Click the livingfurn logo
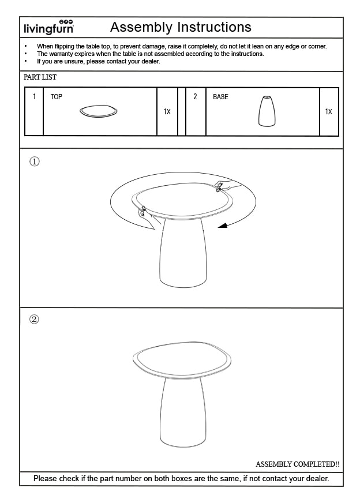(x=48, y=27)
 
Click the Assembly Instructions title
(x=181, y=27)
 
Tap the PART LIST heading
(x=40, y=77)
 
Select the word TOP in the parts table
(x=56, y=97)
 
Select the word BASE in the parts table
(x=220, y=97)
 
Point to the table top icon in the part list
(x=99, y=111)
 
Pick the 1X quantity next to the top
(x=167, y=112)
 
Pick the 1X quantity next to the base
(x=328, y=112)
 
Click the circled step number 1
(x=35, y=162)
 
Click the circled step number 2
(x=35, y=320)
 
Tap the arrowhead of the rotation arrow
(x=222, y=227)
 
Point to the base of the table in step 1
(x=183, y=254)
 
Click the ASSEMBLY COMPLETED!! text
(x=297, y=464)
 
